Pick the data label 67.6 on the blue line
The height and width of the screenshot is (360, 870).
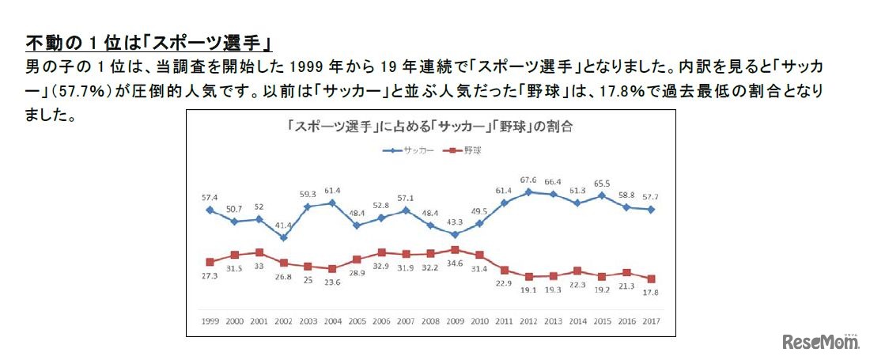tap(528, 180)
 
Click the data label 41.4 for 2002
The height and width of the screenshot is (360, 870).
tap(282, 225)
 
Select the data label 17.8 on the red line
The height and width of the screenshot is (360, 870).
tap(651, 292)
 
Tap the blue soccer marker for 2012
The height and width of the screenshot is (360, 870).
tap(528, 191)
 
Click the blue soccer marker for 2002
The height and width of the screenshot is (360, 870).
tap(282, 237)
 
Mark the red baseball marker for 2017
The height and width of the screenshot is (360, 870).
tap(651, 279)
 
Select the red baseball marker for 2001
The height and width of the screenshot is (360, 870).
tap(258, 252)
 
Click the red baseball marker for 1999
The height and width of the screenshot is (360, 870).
tap(209, 262)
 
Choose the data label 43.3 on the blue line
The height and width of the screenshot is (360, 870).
tap(454, 222)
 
